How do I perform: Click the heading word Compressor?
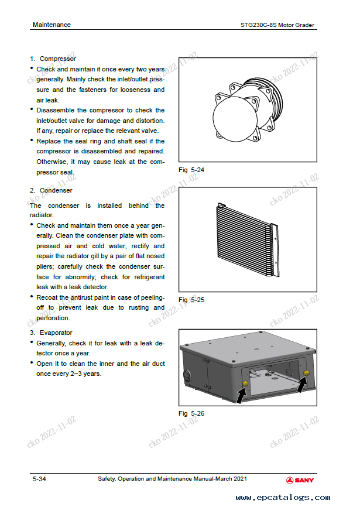click(x=57, y=59)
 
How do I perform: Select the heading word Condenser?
click(x=56, y=190)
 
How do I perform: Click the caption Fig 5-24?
click(x=191, y=170)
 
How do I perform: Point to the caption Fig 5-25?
click(x=191, y=300)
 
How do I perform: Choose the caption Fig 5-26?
click(x=191, y=413)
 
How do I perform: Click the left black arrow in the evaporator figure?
click(x=242, y=395)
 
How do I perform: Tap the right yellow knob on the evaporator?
click(x=306, y=374)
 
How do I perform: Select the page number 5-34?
click(x=39, y=479)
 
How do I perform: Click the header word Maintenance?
click(x=52, y=25)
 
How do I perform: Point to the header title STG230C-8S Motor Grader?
click(x=277, y=25)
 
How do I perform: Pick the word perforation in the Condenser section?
click(x=53, y=318)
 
